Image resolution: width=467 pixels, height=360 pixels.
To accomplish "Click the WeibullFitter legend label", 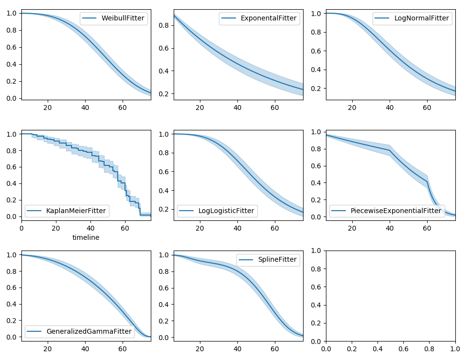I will tap(123, 18).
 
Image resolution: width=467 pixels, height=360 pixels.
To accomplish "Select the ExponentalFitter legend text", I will tap(268, 18).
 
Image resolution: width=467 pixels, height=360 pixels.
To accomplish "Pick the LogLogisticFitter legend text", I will tap(226, 211).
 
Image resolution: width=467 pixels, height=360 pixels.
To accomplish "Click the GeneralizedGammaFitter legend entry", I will tap(89, 331).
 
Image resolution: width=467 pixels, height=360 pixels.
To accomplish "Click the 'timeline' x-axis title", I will tap(86, 237).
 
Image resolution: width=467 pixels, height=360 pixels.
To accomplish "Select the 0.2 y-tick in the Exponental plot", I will tap(163, 94).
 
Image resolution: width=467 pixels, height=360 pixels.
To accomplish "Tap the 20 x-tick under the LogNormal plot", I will tap(352, 107).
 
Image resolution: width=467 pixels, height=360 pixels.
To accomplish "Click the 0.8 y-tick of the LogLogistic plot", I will tap(163, 153).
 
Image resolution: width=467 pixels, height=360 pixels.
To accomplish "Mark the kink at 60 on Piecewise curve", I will tap(427, 181).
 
